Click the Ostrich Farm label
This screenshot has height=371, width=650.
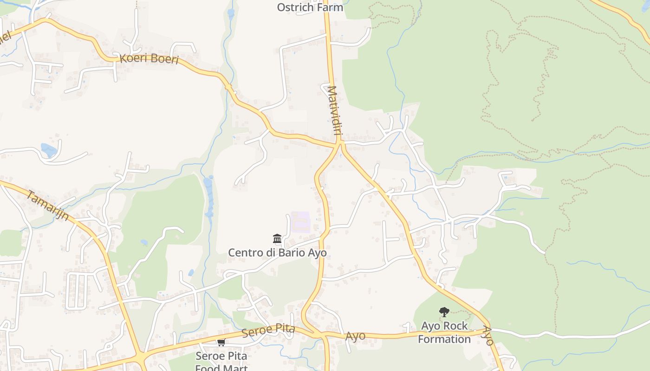[x=310, y=7]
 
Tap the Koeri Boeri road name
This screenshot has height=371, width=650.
[x=149, y=59]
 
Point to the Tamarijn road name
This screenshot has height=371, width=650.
[x=47, y=205]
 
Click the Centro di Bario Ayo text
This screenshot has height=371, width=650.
[x=277, y=253]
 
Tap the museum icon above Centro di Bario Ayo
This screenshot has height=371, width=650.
[x=277, y=239]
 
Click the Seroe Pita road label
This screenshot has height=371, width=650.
[x=268, y=331]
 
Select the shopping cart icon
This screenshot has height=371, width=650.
[x=221, y=342]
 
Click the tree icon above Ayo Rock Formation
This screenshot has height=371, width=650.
[x=444, y=312]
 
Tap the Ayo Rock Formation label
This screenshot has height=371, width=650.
[x=444, y=333]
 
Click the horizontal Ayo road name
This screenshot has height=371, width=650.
[x=355, y=336]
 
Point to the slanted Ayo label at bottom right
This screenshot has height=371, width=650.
[x=487, y=336]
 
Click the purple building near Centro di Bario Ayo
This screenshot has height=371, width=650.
[x=300, y=222]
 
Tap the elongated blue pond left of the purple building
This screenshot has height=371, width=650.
[x=208, y=195]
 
